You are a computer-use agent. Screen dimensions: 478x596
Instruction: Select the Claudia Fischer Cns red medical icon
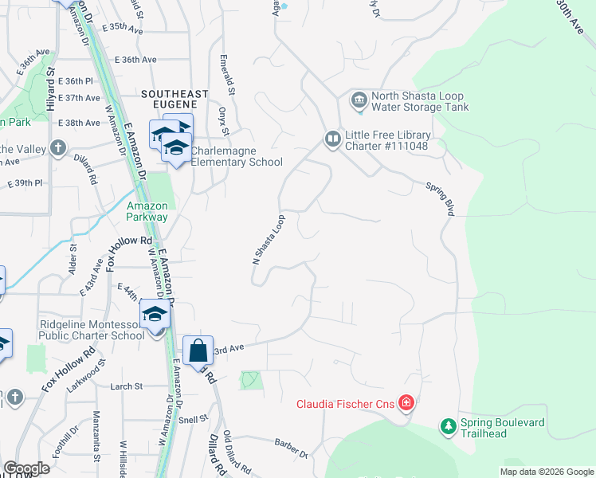tap(406, 403)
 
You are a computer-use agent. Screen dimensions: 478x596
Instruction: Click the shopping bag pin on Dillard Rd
tap(198, 351)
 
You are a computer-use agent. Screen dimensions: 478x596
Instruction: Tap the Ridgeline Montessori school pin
tap(155, 314)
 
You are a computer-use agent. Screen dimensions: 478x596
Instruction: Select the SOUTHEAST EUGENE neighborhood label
tap(174, 94)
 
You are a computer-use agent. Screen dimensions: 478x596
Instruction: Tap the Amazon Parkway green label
tap(147, 211)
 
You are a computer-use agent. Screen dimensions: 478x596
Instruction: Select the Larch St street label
tap(127, 386)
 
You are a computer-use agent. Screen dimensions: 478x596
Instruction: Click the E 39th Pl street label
tap(25, 183)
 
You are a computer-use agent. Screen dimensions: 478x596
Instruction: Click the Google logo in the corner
tap(26, 468)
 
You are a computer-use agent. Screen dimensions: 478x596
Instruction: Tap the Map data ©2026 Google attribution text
tap(547, 472)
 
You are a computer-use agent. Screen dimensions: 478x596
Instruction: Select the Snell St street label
tap(194, 417)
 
